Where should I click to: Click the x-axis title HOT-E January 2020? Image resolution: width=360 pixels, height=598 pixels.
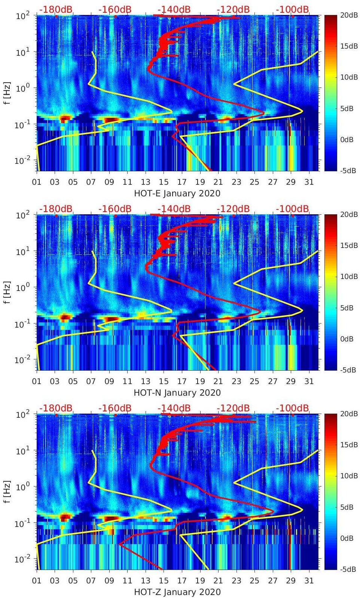[x=177, y=193]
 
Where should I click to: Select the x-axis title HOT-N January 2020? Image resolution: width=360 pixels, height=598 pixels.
[x=177, y=393]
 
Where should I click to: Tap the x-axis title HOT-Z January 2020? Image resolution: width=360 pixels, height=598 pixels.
[x=177, y=592]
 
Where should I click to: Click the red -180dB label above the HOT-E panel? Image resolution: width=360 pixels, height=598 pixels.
[x=56, y=9]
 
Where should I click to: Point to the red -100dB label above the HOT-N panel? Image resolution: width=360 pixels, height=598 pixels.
[x=292, y=209]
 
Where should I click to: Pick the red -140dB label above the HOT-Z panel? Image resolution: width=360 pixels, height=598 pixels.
[x=174, y=408]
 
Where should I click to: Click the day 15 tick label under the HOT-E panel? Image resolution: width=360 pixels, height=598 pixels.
[x=164, y=182]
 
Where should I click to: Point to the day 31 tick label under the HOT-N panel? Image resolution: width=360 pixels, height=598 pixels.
[x=309, y=381]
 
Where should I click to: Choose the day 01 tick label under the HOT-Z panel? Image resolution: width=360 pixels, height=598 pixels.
[x=37, y=581]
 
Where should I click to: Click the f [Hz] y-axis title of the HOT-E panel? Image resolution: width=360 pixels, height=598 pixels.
[x=6, y=93]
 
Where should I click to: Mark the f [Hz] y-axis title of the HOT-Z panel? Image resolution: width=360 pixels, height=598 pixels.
[x=6, y=492]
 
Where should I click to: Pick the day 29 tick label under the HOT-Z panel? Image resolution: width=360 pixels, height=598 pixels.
[x=291, y=581]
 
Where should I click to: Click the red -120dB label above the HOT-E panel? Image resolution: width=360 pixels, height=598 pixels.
[x=233, y=9]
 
